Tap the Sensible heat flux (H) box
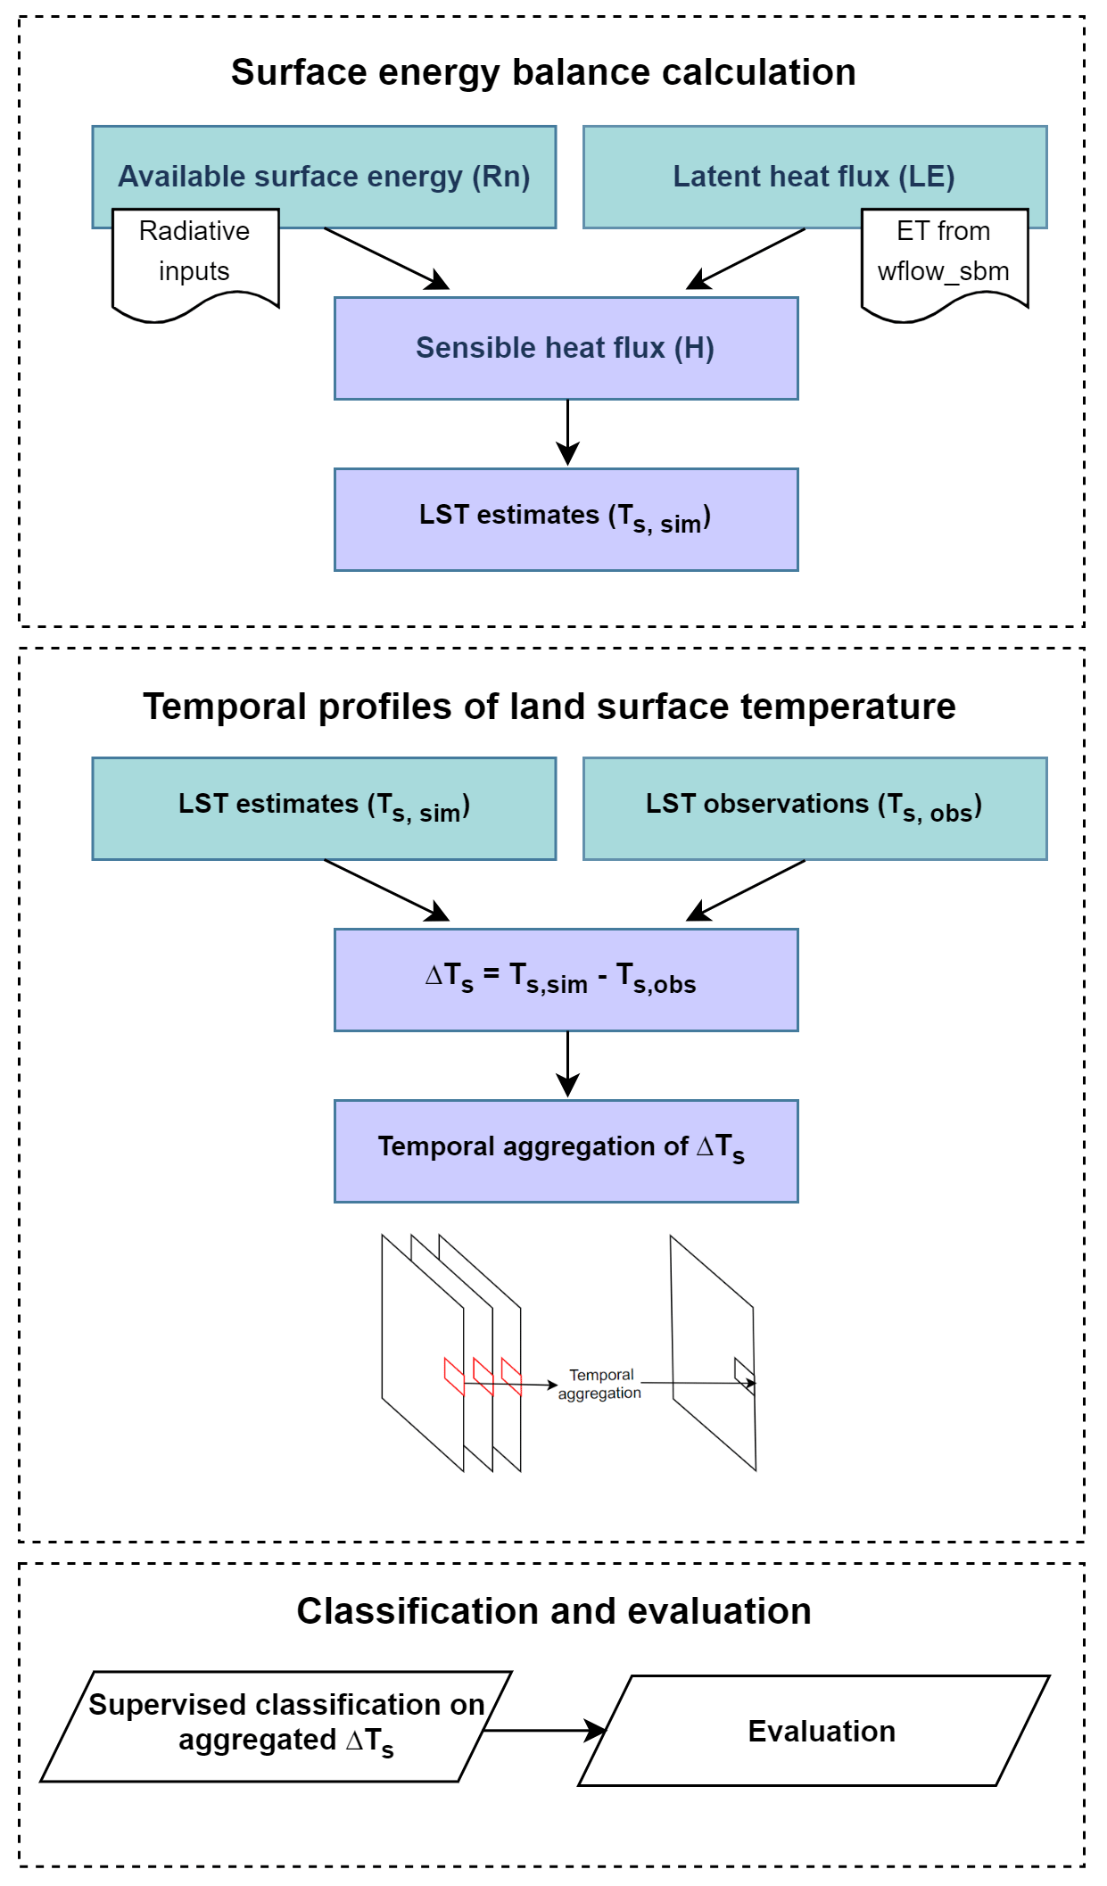[566, 348]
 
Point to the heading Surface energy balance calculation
[543, 73]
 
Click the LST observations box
[814, 807]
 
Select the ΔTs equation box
[566, 980]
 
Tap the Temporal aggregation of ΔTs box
[566, 1150]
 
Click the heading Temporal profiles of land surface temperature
[549, 707]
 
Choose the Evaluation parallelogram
[814, 1730]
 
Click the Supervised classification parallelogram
[277, 1725]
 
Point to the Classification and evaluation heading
[554, 1611]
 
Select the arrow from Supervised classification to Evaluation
[544, 1730]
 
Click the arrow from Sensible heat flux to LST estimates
[567, 433]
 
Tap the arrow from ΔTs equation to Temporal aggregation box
[567, 1064]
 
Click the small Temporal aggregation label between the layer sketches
[600, 1384]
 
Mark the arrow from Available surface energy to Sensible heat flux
[385, 258]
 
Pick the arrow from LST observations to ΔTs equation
[746, 889]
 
